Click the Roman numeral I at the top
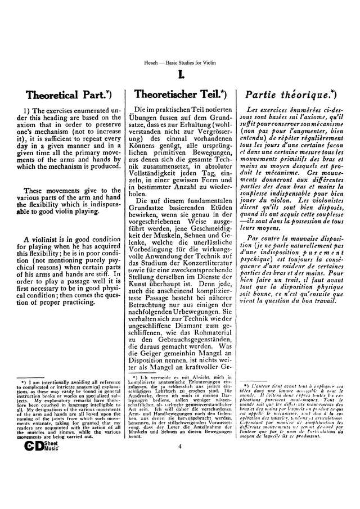pos(179,73)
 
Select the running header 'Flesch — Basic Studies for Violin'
pos(179,61)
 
